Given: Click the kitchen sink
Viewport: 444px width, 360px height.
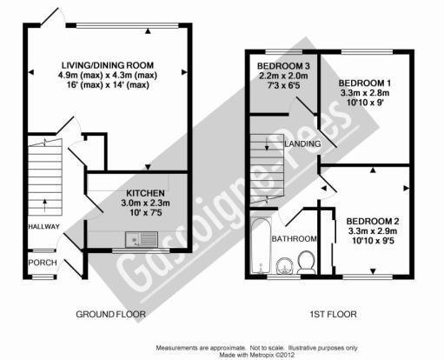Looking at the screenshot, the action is [142, 239].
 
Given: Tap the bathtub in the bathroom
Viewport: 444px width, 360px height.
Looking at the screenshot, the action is [261, 246].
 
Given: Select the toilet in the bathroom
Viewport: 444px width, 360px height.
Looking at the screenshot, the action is [307, 263].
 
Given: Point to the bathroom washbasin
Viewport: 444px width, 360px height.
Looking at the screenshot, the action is [285, 266].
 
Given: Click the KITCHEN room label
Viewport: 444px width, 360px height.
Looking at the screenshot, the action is [145, 193].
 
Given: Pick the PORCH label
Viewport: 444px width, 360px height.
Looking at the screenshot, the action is [43, 263].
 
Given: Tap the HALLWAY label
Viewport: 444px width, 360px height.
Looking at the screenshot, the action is [44, 227].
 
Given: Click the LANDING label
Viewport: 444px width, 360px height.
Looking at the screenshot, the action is [302, 143].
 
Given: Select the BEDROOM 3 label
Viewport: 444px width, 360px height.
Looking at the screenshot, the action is [283, 66].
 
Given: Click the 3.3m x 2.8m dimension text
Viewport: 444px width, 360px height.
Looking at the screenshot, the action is [365, 93].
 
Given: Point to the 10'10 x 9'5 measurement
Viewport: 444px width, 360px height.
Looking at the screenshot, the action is [373, 241].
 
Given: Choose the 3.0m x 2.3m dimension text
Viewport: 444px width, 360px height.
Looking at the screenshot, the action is [145, 203].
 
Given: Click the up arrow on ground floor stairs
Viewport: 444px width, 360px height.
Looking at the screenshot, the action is [44, 205].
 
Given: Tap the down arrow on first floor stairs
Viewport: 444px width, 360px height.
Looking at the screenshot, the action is [267, 144].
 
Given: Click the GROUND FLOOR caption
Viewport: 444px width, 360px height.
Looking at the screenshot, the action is [110, 314].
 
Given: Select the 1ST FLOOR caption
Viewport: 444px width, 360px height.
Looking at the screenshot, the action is [333, 314].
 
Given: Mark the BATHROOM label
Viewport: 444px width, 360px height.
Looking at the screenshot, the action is [294, 239].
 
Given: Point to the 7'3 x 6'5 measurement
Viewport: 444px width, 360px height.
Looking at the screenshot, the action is [283, 85].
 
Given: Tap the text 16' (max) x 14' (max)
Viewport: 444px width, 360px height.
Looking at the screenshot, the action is [108, 85].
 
